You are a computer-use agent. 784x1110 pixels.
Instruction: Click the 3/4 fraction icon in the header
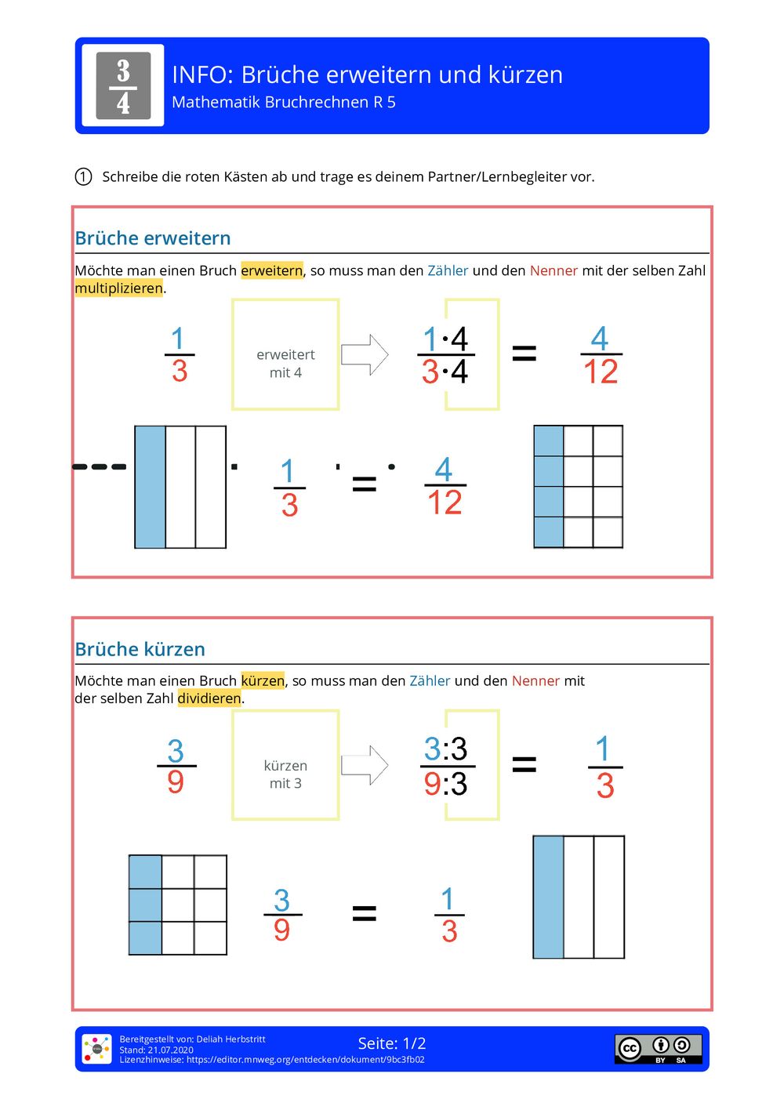click(x=123, y=85)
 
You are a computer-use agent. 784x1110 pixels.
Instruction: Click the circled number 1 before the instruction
click(x=83, y=176)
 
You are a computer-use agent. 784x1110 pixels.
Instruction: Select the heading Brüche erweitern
click(x=153, y=238)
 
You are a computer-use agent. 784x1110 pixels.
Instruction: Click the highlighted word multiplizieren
click(x=119, y=288)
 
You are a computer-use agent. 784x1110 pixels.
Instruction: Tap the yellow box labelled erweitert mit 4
click(x=285, y=354)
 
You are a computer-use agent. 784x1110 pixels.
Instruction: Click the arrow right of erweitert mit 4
click(x=365, y=354)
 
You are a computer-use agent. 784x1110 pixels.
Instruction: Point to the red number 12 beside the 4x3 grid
click(x=445, y=502)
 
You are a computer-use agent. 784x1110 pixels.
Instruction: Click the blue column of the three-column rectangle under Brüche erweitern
click(x=150, y=487)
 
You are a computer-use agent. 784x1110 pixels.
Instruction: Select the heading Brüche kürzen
click(x=140, y=649)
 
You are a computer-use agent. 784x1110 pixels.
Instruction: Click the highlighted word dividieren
click(x=209, y=698)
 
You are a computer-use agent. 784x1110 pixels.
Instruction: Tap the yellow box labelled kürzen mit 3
click(x=285, y=765)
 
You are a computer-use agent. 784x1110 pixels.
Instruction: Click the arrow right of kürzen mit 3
click(x=365, y=765)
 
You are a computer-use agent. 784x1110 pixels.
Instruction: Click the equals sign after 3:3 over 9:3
click(x=524, y=764)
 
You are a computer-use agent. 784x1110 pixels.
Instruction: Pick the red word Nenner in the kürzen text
click(x=535, y=681)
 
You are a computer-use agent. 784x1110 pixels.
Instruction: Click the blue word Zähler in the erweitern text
click(x=448, y=270)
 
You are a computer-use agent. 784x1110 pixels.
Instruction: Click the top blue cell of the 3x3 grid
click(x=145, y=872)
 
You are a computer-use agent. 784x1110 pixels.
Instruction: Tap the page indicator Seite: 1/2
click(x=392, y=1043)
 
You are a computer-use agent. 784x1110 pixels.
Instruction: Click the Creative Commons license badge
click(x=658, y=1048)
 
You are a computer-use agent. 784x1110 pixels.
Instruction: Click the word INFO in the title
click(x=201, y=74)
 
